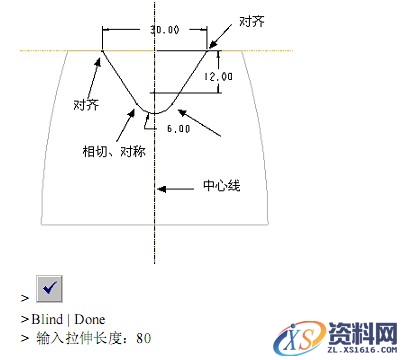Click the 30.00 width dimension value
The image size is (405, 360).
[165, 30]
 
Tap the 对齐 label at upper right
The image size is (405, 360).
[252, 20]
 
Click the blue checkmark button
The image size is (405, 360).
[49, 289]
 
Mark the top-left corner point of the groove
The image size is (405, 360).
[104, 50]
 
